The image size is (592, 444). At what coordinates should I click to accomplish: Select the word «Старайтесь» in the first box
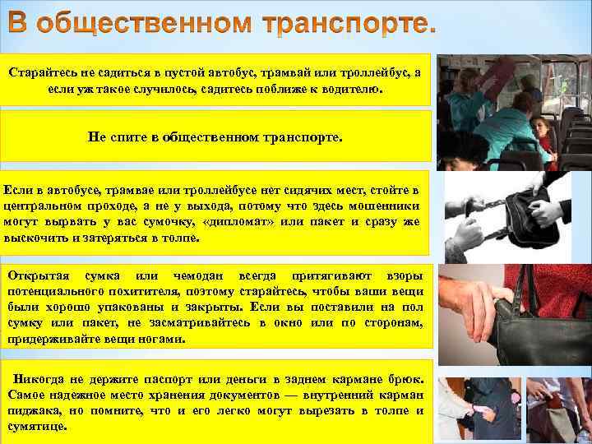pos(44,72)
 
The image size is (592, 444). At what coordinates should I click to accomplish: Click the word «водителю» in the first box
pos(354,86)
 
